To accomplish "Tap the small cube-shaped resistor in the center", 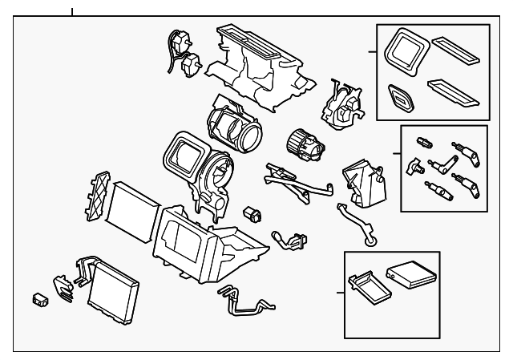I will point(252,213).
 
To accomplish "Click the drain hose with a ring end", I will point(357,224).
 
